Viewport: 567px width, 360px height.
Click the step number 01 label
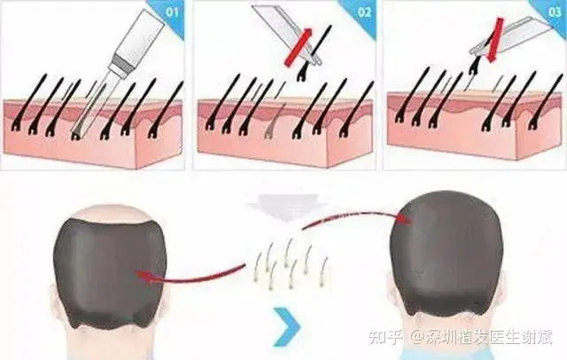[172, 12]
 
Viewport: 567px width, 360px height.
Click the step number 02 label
[364, 12]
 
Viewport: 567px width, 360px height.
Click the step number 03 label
[555, 12]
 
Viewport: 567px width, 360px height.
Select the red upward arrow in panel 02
[299, 47]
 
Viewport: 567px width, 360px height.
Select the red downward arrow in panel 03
[494, 40]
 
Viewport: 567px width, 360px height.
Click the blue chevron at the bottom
[288, 326]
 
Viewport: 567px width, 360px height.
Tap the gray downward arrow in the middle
[286, 207]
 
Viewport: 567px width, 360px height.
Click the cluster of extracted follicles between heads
[291, 262]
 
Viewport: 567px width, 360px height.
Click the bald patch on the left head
[110, 213]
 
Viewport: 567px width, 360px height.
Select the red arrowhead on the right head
[404, 218]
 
